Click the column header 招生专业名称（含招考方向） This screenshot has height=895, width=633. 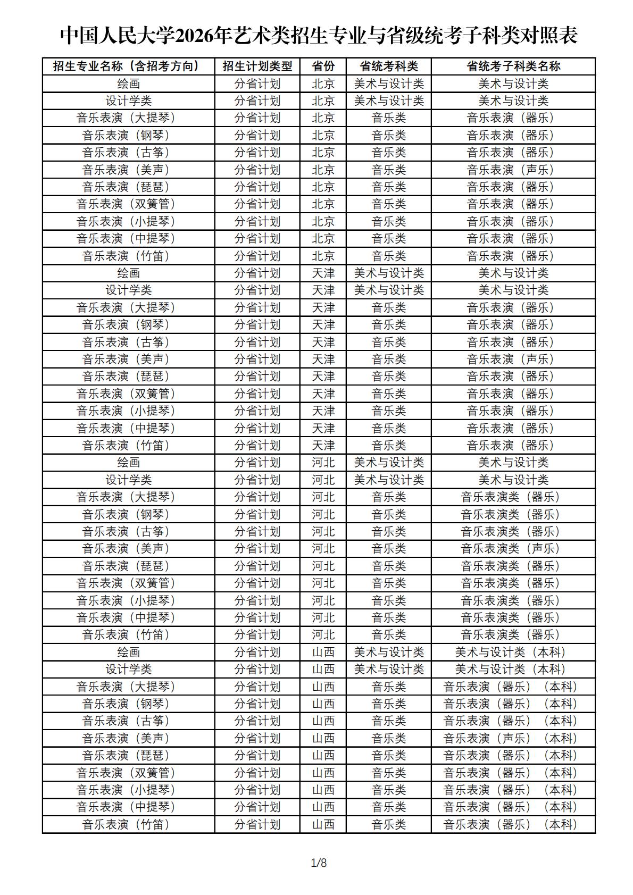tap(128, 66)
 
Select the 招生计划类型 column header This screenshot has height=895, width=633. tap(257, 66)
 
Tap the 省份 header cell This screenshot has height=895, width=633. tap(323, 66)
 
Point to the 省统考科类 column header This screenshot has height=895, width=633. tap(389, 66)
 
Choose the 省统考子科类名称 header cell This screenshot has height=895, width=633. tap(513, 66)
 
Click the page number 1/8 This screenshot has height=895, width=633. tap(319, 863)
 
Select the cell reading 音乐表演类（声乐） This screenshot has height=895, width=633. tap(511, 548)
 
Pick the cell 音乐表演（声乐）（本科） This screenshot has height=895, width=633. tap(511, 738)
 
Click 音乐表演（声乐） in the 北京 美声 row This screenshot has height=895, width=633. tap(511, 170)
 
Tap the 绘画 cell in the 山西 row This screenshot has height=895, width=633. tap(128, 652)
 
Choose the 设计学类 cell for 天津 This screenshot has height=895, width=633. tap(128, 290)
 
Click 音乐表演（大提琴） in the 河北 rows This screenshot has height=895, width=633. tap(126, 497)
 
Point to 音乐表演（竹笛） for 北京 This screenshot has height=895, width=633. tap(126, 256)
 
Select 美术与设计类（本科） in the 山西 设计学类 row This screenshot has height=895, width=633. tap(511, 669)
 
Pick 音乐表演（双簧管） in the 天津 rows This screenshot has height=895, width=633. tap(126, 394)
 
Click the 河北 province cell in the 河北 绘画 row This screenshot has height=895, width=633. tap(323, 463)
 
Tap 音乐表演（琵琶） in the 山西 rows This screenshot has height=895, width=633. tap(126, 755)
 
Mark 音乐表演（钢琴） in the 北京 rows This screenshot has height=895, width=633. tap(126, 135)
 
